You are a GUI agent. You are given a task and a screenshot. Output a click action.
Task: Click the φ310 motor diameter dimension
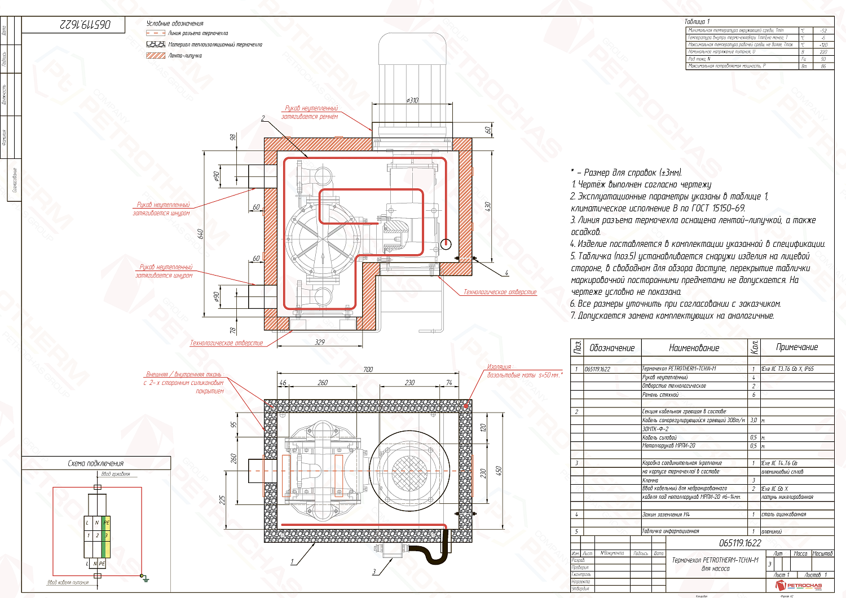[x=412, y=100]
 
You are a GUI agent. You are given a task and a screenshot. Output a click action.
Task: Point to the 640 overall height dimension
[x=200, y=233]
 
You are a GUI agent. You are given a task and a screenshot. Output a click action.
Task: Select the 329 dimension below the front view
[x=320, y=342]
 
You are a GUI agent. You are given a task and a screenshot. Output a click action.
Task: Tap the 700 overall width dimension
[x=368, y=370]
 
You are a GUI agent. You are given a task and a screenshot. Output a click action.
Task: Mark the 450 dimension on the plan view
[x=498, y=470]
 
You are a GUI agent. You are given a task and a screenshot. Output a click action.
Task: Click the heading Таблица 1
[x=697, y=21]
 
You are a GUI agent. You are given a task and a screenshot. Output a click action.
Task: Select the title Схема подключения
[x=95, y=463]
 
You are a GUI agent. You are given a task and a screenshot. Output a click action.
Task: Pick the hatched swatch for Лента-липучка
[x=155, y=56]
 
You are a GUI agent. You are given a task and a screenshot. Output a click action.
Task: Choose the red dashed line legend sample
[x=155, y=33]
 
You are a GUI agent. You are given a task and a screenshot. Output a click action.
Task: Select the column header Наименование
[x=694, y=348]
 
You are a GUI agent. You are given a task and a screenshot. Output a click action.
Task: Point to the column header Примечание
[x=796, y=347]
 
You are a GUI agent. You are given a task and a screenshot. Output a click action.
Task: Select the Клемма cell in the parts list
[x=650, y=480]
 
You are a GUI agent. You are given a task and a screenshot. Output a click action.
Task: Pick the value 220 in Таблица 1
[x=823, y=52]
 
